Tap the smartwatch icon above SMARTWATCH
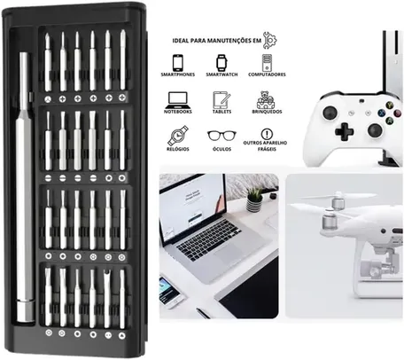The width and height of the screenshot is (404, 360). [221, 63]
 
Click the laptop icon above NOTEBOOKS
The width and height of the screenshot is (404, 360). [179, 99]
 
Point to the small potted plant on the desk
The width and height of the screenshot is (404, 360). [254, 199]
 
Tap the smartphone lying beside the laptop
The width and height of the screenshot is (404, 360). [167, 287]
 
